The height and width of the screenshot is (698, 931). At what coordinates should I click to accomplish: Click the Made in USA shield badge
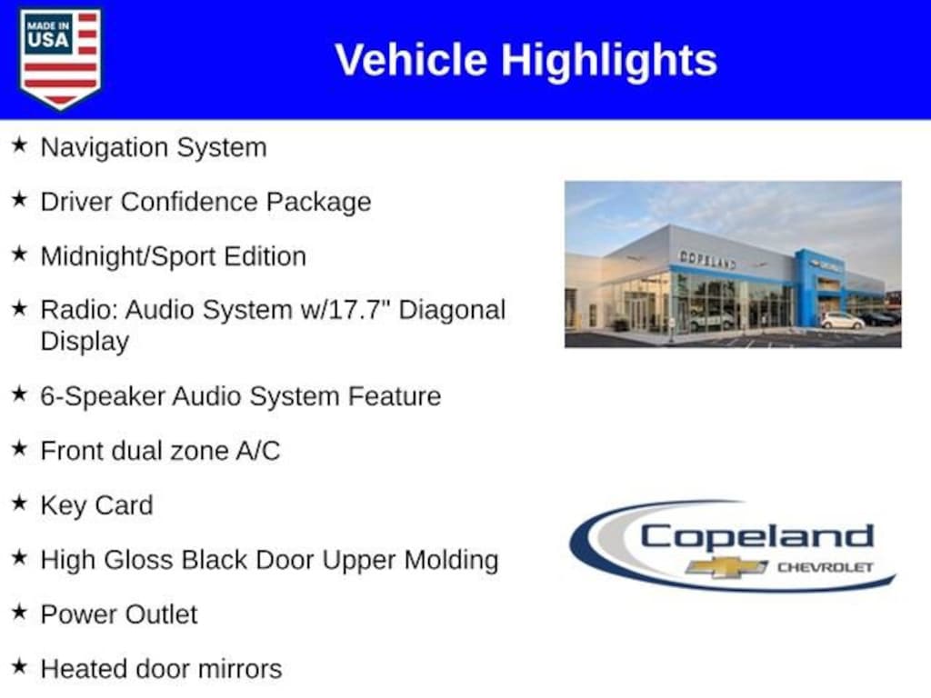coord(60,58)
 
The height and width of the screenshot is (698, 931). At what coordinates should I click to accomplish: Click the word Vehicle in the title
coord(411,60)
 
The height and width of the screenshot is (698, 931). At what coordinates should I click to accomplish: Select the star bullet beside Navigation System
coord(20,145)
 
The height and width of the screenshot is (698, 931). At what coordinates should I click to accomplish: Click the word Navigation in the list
coord(105,148)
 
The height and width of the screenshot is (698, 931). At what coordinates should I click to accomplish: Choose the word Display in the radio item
coord(85,342)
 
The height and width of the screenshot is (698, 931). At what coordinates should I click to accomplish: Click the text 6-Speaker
coord(103,396)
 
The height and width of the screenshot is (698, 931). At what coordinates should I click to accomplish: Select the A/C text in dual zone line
coord(257,451)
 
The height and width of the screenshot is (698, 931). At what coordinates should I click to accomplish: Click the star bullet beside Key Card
coord(20,503)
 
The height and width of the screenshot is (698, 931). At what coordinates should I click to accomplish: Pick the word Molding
coord(451,561)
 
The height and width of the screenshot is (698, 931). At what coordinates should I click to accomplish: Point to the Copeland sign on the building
coord(707,259)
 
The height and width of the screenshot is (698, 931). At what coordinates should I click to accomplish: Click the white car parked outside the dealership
coord(842,321)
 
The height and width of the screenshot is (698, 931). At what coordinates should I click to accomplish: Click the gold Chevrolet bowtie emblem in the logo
coord(726,567)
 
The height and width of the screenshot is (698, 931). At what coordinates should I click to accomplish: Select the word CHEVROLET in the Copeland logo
coord(826,567)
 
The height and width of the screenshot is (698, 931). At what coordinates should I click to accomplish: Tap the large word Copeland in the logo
coord(756,536)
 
